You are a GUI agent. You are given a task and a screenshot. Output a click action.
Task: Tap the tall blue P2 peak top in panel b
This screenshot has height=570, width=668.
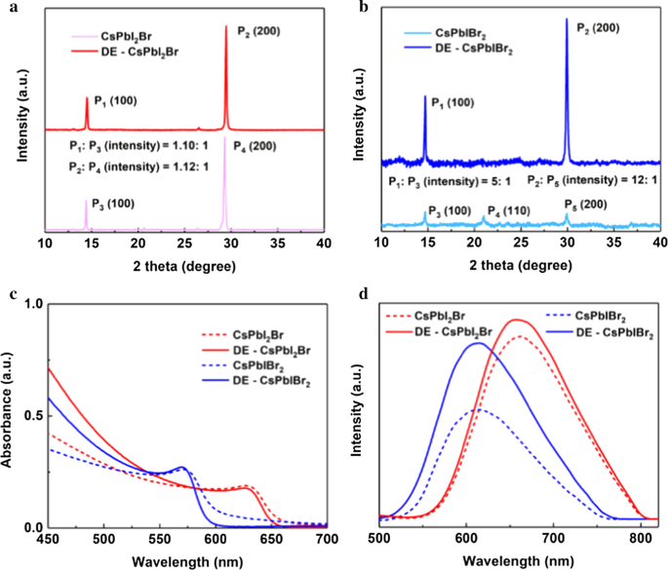(x=567, y=19)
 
